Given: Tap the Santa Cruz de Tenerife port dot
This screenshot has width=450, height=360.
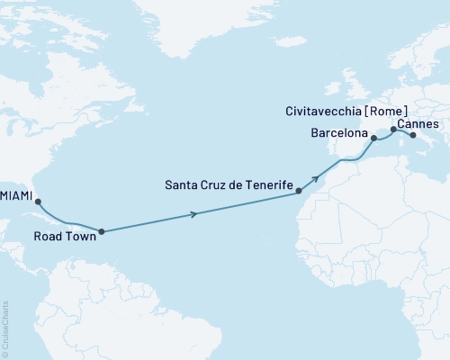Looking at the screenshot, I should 298,191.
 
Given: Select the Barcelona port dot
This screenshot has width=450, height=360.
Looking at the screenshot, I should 373,139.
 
